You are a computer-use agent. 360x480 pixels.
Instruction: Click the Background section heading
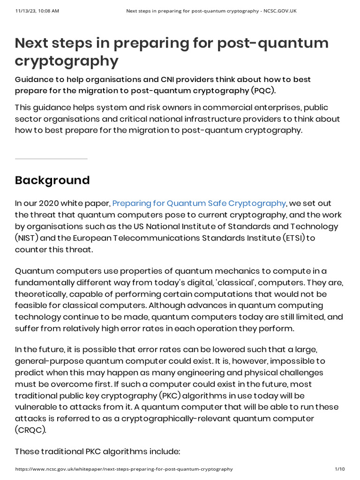[52, 180]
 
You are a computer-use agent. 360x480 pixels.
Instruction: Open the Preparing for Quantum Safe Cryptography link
[199, 203]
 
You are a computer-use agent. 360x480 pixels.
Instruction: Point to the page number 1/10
[340, 469]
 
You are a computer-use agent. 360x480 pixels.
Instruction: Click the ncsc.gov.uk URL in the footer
[124, 469]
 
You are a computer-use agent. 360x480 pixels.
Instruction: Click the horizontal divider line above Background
[51, 159]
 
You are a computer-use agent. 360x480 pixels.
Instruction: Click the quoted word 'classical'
[236, 283]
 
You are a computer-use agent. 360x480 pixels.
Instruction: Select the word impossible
[307, 361]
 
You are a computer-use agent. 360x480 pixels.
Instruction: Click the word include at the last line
[164, 451]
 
